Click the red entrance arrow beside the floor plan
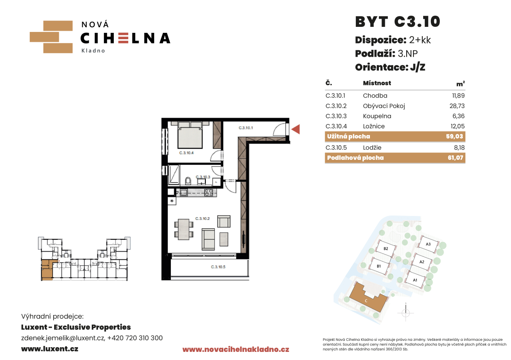(296, 130)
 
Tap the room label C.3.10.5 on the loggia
(218, 267)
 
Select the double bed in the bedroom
(190, 135)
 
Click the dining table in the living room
(184, 229)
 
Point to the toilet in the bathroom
(188, 181)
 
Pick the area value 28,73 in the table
(457, 106)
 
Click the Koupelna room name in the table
(377, 116)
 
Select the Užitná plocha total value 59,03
(455, 136)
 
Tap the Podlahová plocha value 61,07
(455, 158)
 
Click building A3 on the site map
(428, 244)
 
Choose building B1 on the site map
(379, 266)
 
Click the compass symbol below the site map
(406, 313)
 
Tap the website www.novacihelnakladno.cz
(236, 349)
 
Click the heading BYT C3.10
(398, 22)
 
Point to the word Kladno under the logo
(93, 51)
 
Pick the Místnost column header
(377, 83)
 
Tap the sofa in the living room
(208, 239)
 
